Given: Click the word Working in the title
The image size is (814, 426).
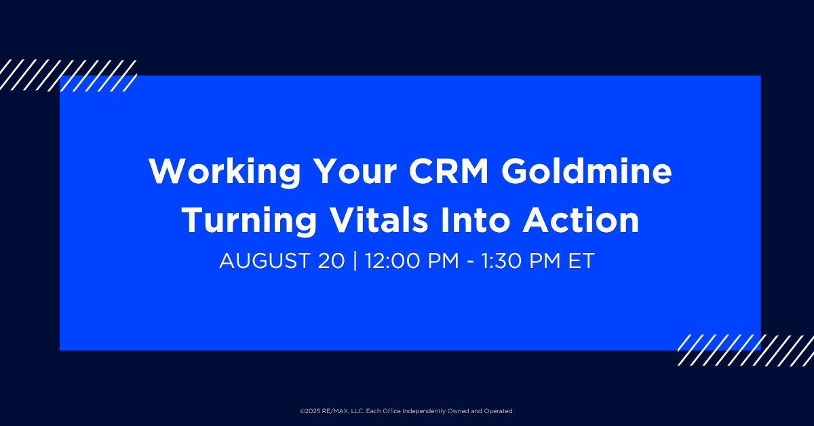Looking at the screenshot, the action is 225,172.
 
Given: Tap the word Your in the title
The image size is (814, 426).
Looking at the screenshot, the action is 355,171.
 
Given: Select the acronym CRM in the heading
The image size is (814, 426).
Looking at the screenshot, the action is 449,171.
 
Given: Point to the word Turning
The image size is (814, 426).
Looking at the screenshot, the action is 249,221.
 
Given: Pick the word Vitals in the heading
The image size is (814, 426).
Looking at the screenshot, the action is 379,220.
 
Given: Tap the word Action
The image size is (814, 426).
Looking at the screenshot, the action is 581,220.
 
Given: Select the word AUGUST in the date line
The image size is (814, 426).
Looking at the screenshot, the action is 265,260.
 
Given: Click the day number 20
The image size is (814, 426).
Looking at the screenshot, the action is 331,260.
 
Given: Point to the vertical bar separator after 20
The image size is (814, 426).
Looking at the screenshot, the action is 355,260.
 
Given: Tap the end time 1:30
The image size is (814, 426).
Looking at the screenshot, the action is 502,260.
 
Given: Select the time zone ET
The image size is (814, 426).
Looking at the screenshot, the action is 581,260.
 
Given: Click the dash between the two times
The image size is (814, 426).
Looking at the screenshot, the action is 470,262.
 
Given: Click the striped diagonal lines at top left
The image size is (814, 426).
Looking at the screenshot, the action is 68,75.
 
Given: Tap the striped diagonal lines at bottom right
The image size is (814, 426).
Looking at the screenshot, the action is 745,350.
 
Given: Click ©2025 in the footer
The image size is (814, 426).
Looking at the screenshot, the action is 310,411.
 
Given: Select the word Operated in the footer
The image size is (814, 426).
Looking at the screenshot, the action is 499,411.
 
